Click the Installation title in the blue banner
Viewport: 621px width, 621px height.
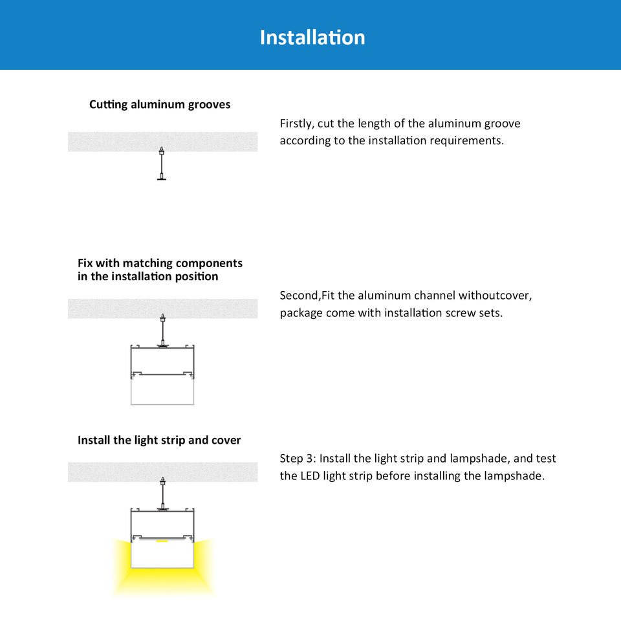(x=312, y=38)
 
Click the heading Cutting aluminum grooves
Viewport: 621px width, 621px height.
(x=160, y=105)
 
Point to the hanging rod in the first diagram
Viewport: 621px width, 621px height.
(x=162, y=164)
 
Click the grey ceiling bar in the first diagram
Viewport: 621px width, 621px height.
(x=163, y=142)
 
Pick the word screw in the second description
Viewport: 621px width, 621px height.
(x=460, y=313)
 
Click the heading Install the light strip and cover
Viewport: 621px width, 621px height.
(x=159, y=440)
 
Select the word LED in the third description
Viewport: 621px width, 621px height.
(x=310, y=475)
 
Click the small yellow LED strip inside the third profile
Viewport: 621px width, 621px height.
(x=162, y=541)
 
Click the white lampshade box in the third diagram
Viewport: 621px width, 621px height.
(x=162, y=554)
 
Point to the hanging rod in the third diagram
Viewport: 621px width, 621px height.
(x=163, y=494)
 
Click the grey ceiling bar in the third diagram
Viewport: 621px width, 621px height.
(x=163, y=472)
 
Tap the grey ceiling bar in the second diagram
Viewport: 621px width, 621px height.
(x=163, y=309)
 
